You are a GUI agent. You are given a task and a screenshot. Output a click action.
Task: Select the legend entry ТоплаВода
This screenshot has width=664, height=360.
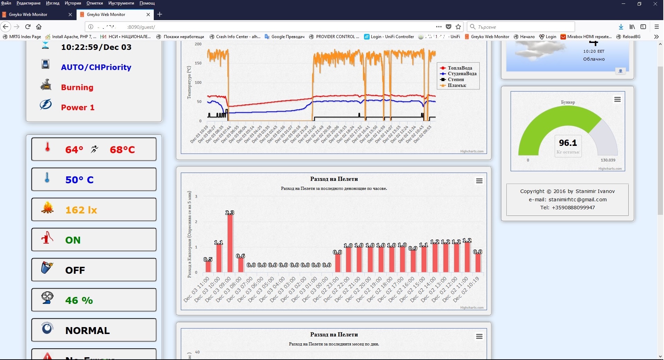point(460,68)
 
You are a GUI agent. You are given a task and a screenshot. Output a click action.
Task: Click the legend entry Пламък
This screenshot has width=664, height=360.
point(457,85)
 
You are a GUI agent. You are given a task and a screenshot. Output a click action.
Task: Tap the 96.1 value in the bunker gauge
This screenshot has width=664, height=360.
point(568,143)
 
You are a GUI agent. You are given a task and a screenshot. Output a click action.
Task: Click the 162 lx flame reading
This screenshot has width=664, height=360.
point(81,210)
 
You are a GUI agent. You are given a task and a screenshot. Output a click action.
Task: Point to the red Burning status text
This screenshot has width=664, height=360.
point(77,87)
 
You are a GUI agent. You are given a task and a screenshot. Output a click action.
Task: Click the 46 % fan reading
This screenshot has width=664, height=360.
point(79,300)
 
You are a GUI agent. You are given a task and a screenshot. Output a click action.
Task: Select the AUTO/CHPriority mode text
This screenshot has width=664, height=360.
point(96,67)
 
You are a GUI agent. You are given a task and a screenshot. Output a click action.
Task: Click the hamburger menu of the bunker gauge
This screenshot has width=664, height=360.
point(617,100)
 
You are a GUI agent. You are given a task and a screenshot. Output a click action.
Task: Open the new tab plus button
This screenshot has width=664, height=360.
point(160,14)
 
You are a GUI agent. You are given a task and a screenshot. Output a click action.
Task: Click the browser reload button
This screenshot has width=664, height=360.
point(28,27)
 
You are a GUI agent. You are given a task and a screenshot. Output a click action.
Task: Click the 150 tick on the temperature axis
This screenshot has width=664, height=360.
point(198,63)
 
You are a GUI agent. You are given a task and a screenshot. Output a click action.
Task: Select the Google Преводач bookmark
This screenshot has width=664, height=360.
point(287,37)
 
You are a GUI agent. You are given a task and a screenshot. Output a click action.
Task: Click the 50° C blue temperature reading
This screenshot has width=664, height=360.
point(79,180)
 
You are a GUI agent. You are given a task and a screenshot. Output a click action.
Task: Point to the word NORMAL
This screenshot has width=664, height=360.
point(87,331)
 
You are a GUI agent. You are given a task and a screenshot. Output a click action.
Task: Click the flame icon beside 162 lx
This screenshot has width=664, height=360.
point(47,208)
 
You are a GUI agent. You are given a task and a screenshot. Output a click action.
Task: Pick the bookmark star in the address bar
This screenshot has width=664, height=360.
point(458,27)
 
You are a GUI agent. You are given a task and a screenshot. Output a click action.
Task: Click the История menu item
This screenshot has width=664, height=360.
point(73,3)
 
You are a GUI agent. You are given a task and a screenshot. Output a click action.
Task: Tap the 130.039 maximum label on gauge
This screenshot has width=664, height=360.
point(608,160)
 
